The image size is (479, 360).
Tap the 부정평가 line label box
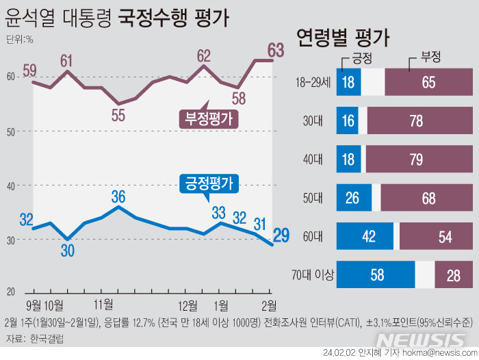(208, 118)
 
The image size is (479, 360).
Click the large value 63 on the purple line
(276, 49)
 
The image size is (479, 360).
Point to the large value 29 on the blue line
(281, 236)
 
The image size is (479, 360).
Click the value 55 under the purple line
(118, 116)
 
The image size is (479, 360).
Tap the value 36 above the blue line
(118, 196)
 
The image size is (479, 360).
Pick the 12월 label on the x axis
(187, 304)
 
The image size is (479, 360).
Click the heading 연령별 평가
(343, 38)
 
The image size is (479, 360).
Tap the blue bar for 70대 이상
(376, 275)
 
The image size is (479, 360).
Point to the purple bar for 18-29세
(428, 83)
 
